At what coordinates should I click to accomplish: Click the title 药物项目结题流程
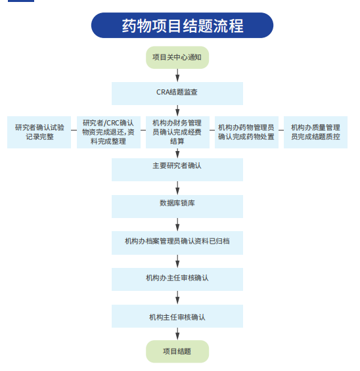coord(182,26)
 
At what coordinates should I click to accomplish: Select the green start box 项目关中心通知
coord(177,58)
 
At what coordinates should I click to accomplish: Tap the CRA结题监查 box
coord(177,93)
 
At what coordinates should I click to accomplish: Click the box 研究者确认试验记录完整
coord(39,132)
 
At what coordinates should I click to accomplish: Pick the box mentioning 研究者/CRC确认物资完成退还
coord(108,132)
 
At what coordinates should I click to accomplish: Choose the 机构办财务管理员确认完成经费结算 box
coord(177,132)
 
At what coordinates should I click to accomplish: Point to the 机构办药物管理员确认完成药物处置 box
coord(246,132)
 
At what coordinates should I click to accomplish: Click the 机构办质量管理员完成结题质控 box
coord(315,132)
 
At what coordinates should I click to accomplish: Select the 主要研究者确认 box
coord(177,169)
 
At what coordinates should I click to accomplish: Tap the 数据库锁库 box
coord(177,206)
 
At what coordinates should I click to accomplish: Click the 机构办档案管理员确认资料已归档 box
coord(177,243)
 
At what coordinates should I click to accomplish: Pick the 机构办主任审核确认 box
coord(177,280)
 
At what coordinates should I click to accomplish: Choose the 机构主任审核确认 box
coord(177,316)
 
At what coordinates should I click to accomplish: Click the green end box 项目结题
coord(177,351)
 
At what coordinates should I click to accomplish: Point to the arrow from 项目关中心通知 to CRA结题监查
coord(177,76)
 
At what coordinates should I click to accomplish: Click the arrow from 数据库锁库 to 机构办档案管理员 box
coord(177,225)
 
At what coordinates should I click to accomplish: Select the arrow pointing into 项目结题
coord(177,334)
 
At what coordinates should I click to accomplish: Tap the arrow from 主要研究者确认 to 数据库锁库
coord(177,188)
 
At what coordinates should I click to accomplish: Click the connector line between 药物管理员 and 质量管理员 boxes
coord(281,130)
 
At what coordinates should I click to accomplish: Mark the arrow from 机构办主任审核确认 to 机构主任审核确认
coord(177,297)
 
